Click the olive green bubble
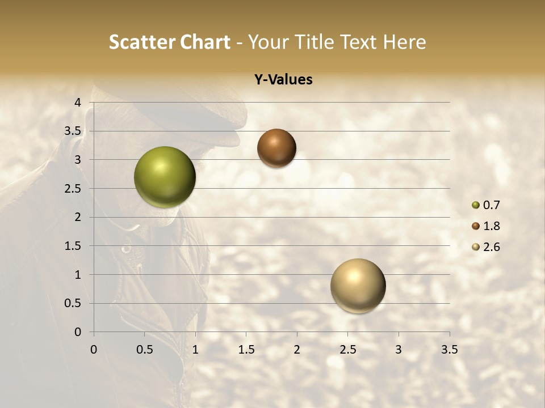pos(165,177)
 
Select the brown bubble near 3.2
pos(276,148)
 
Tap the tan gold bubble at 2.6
pos(358,286)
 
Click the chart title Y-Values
pos(283,80)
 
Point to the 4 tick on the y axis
pos(78,103)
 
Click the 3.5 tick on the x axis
pos(449,350)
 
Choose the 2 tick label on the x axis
pos(297,350)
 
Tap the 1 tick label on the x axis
pos(195,350)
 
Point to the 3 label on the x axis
pos(399,350)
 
